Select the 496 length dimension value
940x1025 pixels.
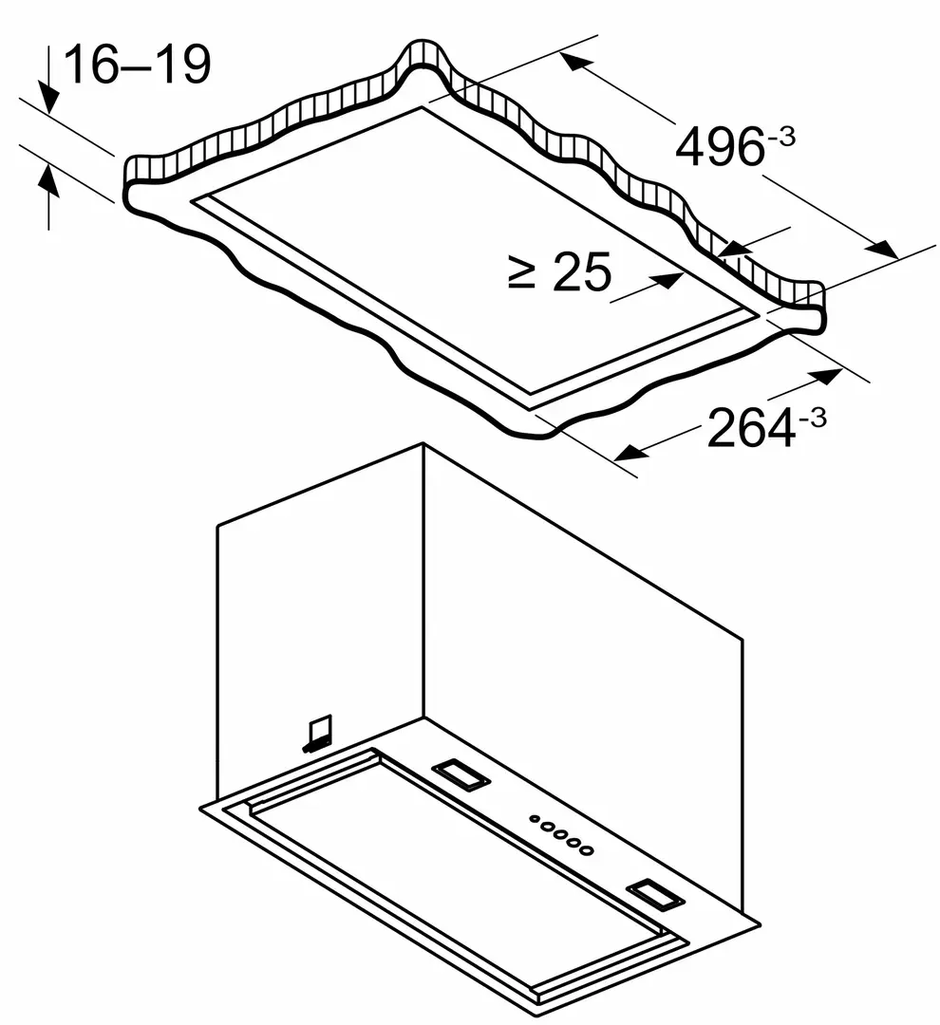(719, 147)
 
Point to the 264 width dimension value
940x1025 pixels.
(750, 430)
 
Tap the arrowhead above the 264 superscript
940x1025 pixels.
(827, 376)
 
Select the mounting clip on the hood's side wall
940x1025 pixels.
(318, 732)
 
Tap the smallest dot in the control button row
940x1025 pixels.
(535, 817)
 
